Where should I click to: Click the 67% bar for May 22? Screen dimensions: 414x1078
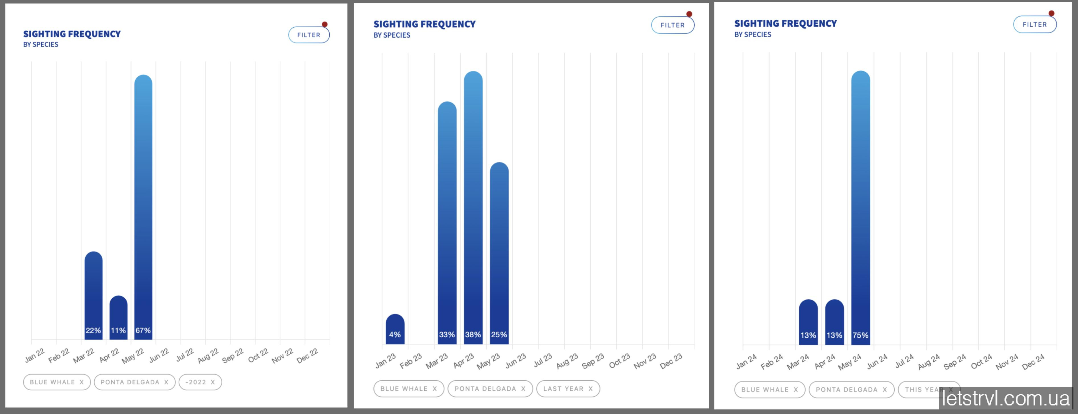coord(143,207)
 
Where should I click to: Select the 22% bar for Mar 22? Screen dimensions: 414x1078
coord(93,295)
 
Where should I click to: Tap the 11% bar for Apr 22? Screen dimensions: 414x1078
coord(118,317)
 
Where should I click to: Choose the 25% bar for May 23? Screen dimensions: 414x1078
coord(499,253)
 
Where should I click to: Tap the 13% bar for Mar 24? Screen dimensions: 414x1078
coord(808,322)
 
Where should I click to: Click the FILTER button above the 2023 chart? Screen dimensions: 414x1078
coord(672,25)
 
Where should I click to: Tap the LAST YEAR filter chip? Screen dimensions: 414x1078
coord(568,388)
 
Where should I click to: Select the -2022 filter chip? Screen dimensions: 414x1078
coord(200,382)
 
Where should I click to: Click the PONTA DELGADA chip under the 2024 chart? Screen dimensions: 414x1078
coord(851,389)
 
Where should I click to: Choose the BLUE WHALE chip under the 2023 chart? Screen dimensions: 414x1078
coord(408,388)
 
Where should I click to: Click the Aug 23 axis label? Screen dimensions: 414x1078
coord(567,361)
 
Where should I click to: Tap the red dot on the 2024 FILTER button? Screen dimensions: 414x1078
coord(1051,13)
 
